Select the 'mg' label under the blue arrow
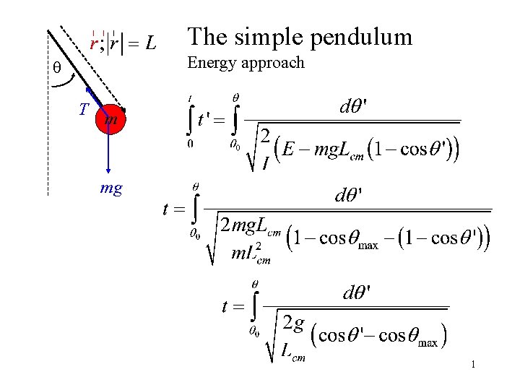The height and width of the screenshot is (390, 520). pyautogui.click(x=110, y=189)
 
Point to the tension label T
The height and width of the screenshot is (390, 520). pyautogui.click(x=84, y=110)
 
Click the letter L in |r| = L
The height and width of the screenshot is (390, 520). pyautogui.click(x=149, y=44)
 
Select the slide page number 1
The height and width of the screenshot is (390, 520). pyautogui.click(x=472, y=365)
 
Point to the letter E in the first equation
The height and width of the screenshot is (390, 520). pyautogui.click(x=289, y=149)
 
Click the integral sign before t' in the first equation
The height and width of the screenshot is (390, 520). pyautogui.click(x=190, y=119)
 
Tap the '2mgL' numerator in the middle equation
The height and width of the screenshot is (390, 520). pyautogui.click(x=250, y=226)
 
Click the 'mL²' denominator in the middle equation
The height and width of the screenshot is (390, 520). pyautogui.click(x=251, y=254)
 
